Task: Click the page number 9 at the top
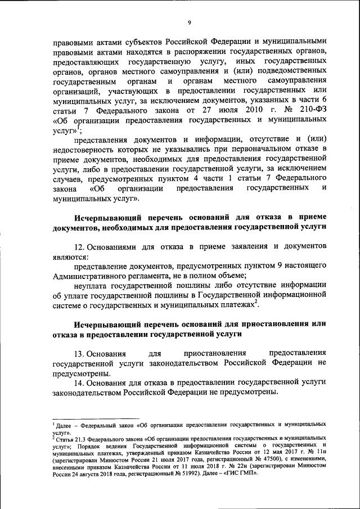coord(189,22)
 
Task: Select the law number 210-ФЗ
coord(310,109)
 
